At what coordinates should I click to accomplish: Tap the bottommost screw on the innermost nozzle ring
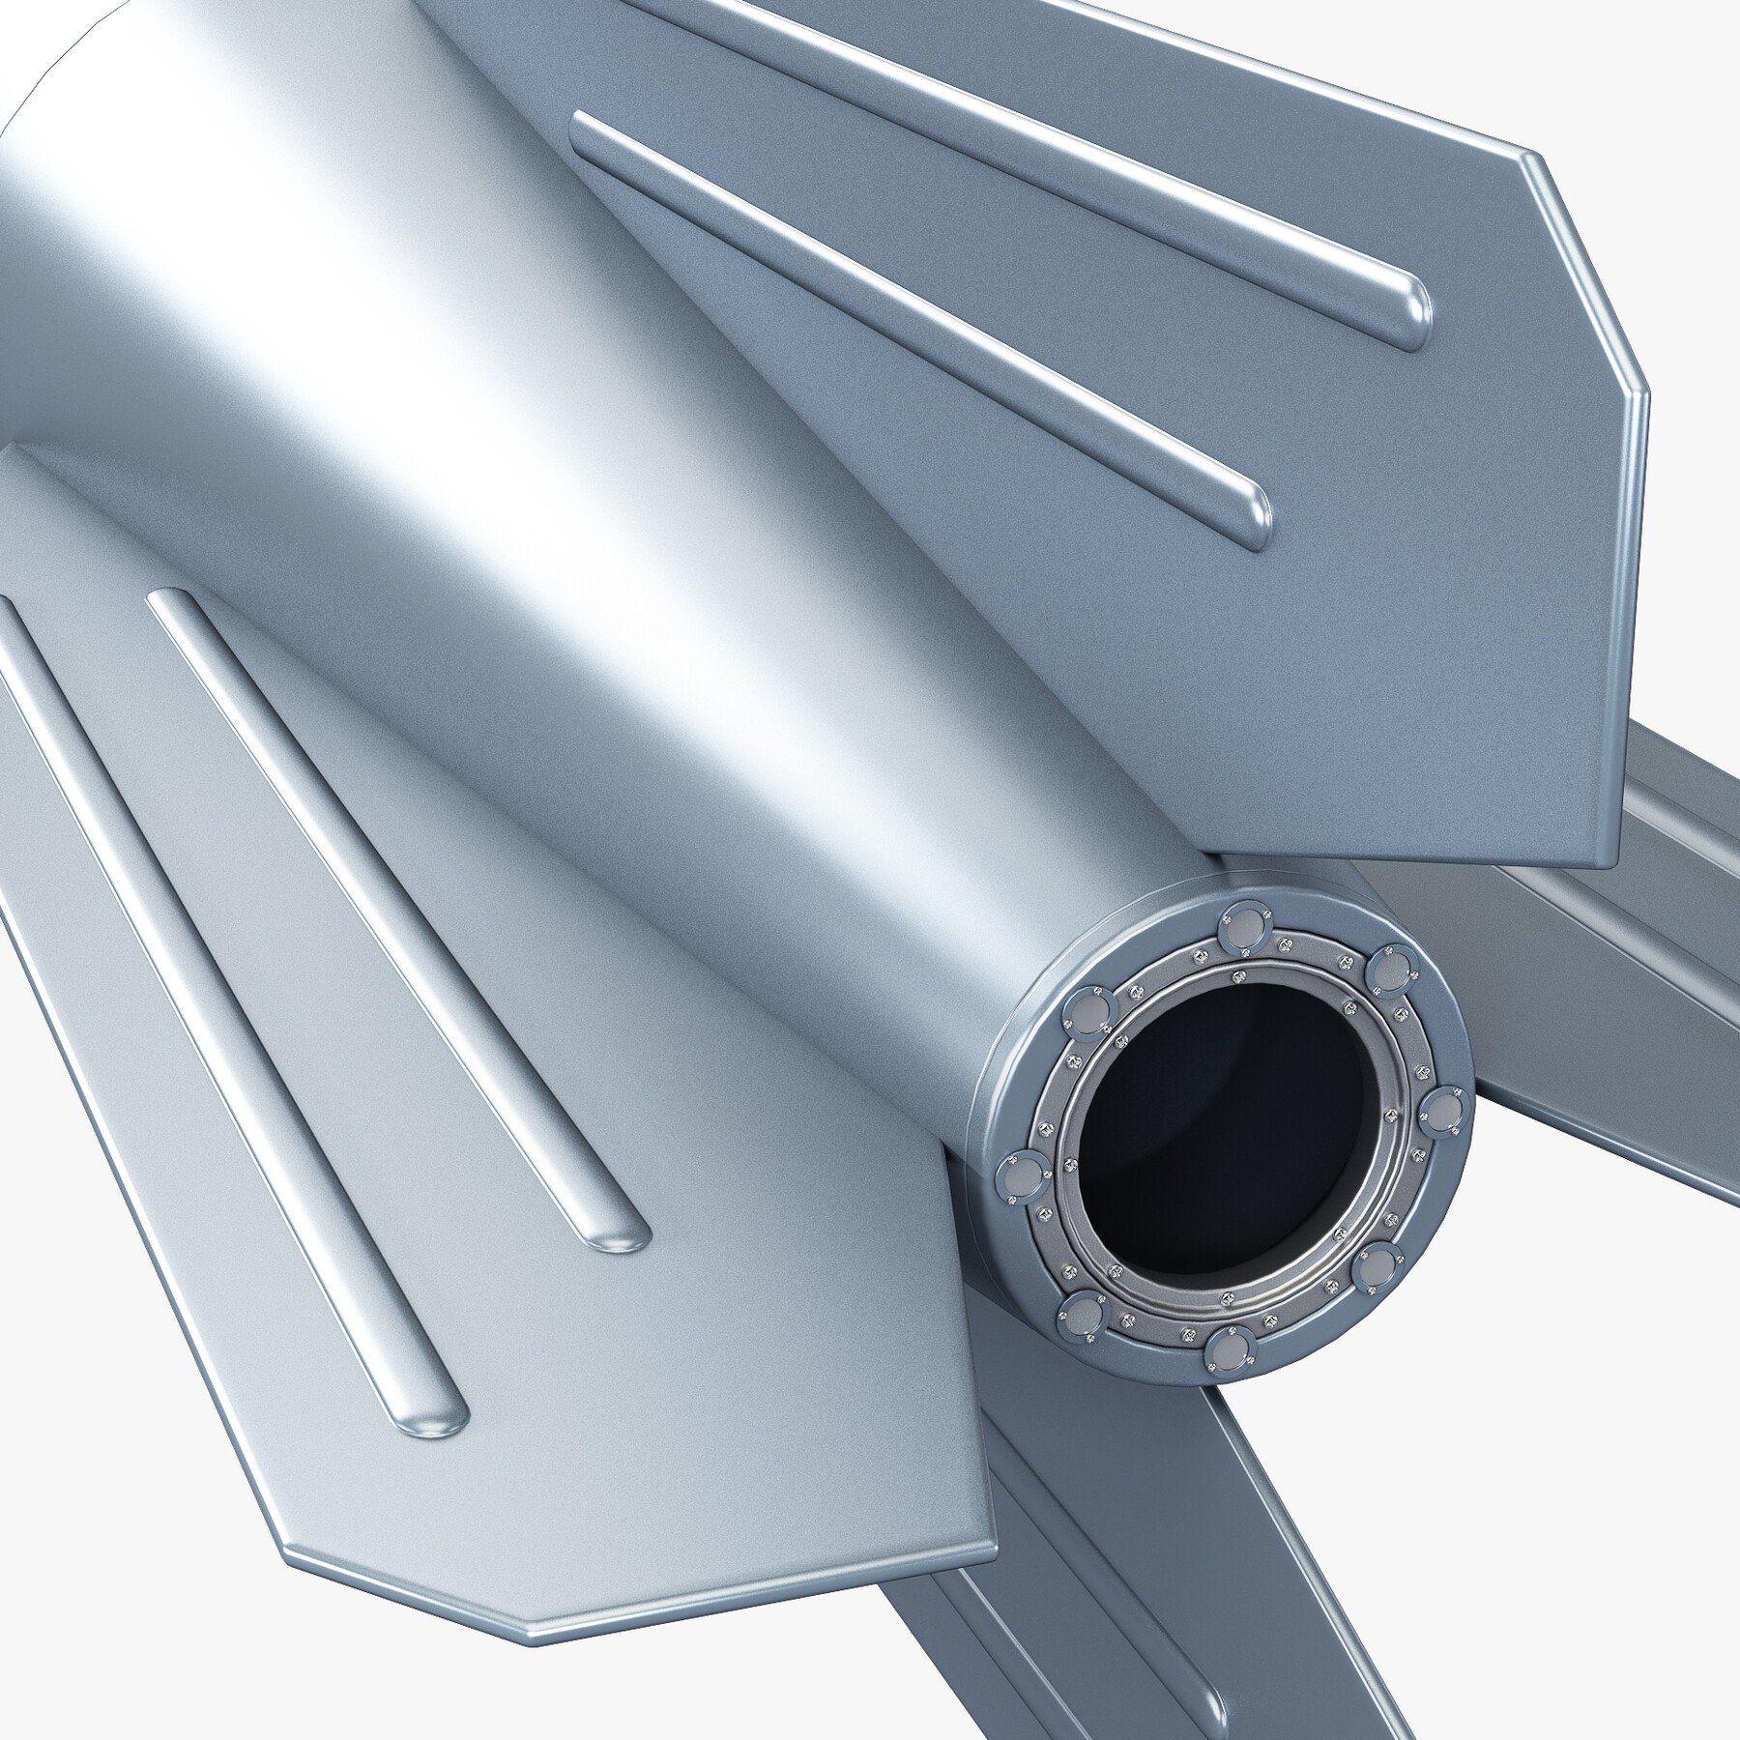pos(1228,1295)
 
